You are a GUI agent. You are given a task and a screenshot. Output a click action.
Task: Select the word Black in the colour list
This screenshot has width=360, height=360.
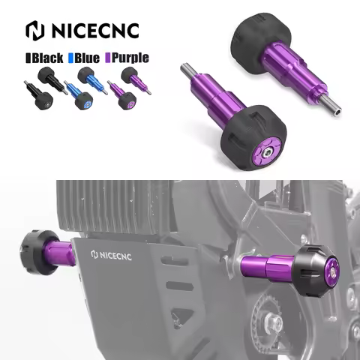[x=46, y=57]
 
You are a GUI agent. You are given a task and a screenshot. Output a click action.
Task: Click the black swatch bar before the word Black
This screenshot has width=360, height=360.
[x=28, y=57]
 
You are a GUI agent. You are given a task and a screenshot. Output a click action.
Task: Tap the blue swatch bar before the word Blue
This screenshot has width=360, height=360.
[x=71, y=57]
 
